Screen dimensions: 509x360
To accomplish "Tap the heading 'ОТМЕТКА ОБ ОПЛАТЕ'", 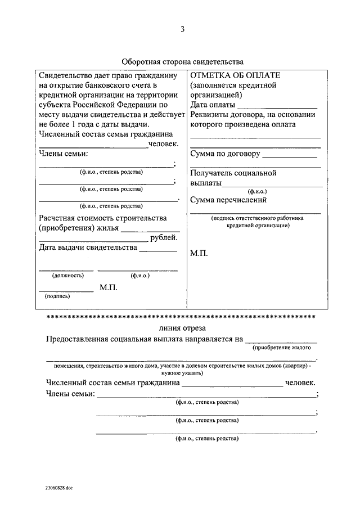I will pos(235,75).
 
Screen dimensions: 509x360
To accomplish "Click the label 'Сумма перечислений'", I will pos(228,200).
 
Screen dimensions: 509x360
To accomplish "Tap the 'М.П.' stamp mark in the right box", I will pos(199,254).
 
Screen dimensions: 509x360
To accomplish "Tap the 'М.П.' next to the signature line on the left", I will pos(108,287).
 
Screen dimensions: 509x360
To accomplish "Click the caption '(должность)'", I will pos(67,276).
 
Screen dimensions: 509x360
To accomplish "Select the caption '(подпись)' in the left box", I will pos(58,296).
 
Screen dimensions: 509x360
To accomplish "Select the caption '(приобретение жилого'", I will pos(282,348).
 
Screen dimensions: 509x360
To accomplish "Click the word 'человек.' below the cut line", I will pos(301,383).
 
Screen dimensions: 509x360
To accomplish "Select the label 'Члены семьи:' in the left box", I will pos(64,154).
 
